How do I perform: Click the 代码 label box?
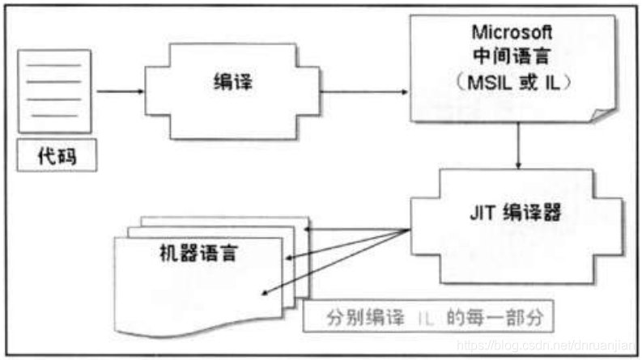coord(56,157)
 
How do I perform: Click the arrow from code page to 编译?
coord(119,91)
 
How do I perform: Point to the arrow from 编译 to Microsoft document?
coord(364,91)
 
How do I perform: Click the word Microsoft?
coord(511,32)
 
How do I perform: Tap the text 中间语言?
coord(511,58)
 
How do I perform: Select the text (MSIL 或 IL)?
coord(511,83)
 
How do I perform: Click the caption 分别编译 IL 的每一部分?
coord(429,317)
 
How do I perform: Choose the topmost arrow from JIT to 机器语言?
coord(356,230)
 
